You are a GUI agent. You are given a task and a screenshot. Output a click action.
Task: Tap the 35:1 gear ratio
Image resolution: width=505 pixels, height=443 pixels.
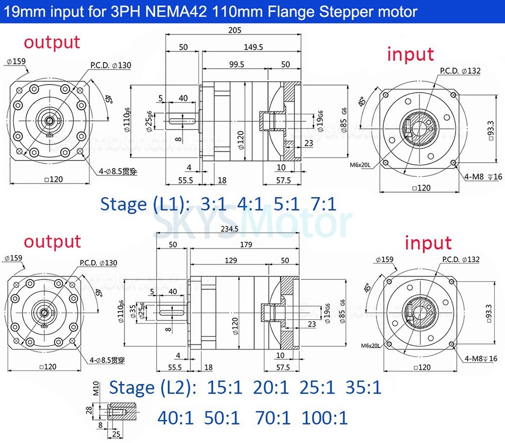coord(364,387)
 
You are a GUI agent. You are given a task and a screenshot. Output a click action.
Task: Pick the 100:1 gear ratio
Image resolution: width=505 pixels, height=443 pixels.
coord(325,418)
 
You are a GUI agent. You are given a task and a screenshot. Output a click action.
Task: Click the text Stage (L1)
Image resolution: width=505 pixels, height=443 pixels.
coord(143,204)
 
